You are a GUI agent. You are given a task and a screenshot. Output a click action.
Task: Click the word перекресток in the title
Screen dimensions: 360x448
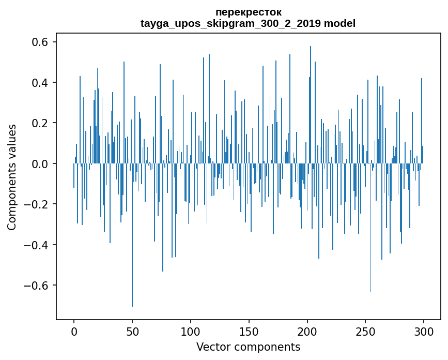coord(248,12)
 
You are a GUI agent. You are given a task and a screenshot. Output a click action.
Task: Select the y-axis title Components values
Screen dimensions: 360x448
coord(12,177)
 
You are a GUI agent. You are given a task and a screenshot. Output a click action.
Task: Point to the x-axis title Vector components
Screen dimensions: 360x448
coord(248,347)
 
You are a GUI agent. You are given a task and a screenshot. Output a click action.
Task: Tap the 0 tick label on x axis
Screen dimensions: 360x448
coord(74,331)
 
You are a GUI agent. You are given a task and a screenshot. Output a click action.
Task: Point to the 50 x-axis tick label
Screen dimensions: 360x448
coord(132,331)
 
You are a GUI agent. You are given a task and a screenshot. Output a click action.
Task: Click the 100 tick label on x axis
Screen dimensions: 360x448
coord(191,331)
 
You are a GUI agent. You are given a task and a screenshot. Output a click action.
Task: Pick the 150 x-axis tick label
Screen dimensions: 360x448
coord(249,331)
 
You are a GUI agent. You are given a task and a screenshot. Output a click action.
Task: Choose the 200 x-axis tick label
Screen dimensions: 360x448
coord(307,331)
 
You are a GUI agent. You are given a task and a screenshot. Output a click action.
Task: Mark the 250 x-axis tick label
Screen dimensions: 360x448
coord(365,331)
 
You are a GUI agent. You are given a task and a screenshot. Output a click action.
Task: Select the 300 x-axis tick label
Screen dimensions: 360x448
coord(424,331)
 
